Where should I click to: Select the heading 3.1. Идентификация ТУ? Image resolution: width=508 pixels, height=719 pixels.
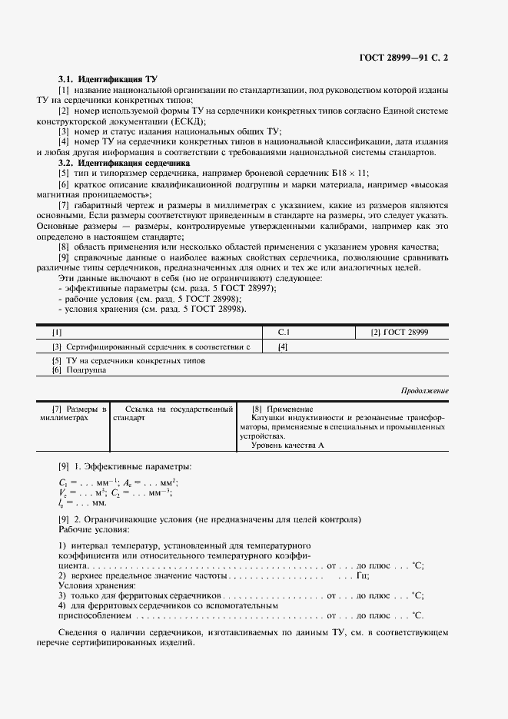[x=98, y=79]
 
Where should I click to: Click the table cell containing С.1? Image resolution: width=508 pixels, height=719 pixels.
[x=283, y=332]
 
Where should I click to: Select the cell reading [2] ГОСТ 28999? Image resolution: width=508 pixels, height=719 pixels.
[x=400, y=332]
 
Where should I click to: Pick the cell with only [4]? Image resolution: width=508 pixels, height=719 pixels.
[x=283, y=347]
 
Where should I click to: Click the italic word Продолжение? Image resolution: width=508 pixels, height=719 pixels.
[x=425, y=391]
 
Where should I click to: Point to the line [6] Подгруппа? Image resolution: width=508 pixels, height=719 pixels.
[x=79, y=369]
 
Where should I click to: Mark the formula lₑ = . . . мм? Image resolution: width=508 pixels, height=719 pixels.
[x=83, y=502]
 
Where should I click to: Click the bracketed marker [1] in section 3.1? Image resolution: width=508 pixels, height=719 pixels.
[x=64, y=91]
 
